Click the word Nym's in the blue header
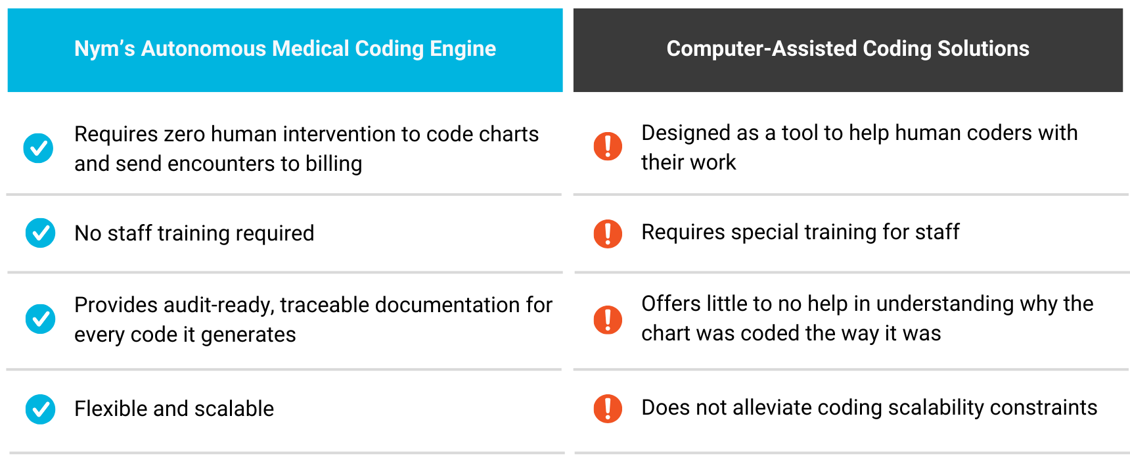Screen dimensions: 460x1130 [104, 49]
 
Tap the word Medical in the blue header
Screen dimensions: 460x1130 [310, 49]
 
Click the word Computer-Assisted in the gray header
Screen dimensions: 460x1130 [761, 49]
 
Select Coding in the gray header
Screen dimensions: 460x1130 [897, 49]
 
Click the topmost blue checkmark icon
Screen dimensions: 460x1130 [38, 148]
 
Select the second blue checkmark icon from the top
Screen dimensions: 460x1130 [40, 233]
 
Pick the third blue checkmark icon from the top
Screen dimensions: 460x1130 [40, 319]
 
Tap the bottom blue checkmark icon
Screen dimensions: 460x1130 [40, 409]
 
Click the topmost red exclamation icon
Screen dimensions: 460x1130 [608, 146]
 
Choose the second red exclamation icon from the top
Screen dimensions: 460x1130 [608, 234]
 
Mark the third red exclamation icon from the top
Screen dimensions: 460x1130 [608, 320]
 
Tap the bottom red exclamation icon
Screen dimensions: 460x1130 [608, 409]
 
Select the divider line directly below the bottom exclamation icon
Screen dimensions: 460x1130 [851, 453]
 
